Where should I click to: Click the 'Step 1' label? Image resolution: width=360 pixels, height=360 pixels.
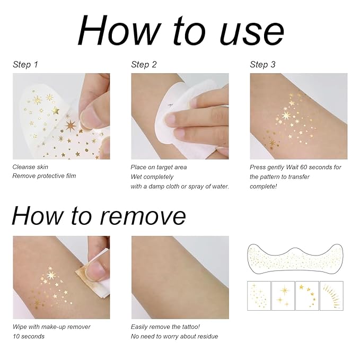click(x=25, y=65)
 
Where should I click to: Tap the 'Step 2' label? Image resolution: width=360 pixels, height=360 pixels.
click(x=144, y=65)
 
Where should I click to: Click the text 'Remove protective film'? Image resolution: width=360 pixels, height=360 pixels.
click(x=45, y=176)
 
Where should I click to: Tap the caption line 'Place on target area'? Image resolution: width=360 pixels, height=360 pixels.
click(x=159, y=167)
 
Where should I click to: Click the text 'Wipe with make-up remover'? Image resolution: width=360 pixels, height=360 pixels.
click(x=51, y=327)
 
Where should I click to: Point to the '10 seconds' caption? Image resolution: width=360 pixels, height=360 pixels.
click(x=29, y=336)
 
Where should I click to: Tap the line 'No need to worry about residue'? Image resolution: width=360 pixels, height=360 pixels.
click(x=174, y=336)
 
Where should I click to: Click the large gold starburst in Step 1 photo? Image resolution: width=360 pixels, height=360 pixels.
click(x=70, y=126)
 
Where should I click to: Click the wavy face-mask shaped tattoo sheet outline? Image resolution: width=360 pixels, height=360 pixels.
click(x=295, y=260)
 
